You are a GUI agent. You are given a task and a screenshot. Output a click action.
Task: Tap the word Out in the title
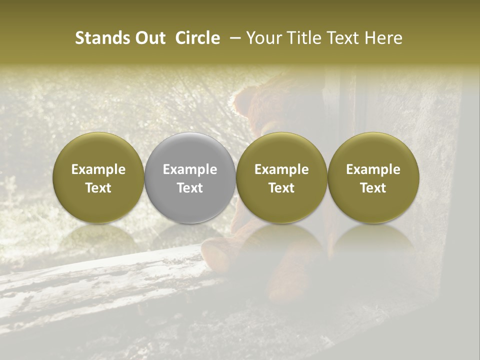coord(149,38)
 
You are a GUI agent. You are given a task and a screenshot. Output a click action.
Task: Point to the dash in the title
coord(233,38)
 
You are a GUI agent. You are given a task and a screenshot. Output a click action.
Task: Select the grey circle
coord(190,178)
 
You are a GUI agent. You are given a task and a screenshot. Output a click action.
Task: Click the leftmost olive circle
coord(98,178)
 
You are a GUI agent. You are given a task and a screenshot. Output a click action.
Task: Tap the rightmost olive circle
coord(373,178)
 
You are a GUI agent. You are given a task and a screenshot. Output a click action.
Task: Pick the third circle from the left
coord(281,178)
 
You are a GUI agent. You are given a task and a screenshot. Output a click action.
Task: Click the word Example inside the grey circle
coord(190,169)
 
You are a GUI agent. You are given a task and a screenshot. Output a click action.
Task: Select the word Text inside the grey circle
coord(190,188)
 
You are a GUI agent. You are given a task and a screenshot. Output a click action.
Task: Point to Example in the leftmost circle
coord(98,169)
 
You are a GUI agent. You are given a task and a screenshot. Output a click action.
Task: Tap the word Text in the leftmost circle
coord(98,188)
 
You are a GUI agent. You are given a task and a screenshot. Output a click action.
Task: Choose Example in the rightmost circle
coord(373,169)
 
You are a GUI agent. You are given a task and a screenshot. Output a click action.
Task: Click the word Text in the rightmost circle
coord(373,188)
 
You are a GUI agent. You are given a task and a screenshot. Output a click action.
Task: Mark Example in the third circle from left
coord(281,169)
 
